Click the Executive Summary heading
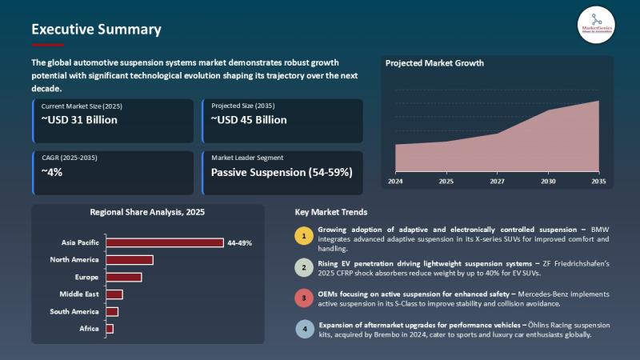(96, 30)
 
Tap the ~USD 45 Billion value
(249, 120)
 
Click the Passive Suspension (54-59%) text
(281, 172)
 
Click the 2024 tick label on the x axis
(395, 182)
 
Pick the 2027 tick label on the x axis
(496, 182)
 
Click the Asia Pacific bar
(165, 242)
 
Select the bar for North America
(129, 260)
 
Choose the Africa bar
(110, 329)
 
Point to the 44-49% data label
(240, 242)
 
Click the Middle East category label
(79, 294)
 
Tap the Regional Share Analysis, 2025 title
(147, 213)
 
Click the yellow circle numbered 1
(304, 235)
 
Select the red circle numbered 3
(304, 298)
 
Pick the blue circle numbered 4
(304, 329)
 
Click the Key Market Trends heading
(331, 213)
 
